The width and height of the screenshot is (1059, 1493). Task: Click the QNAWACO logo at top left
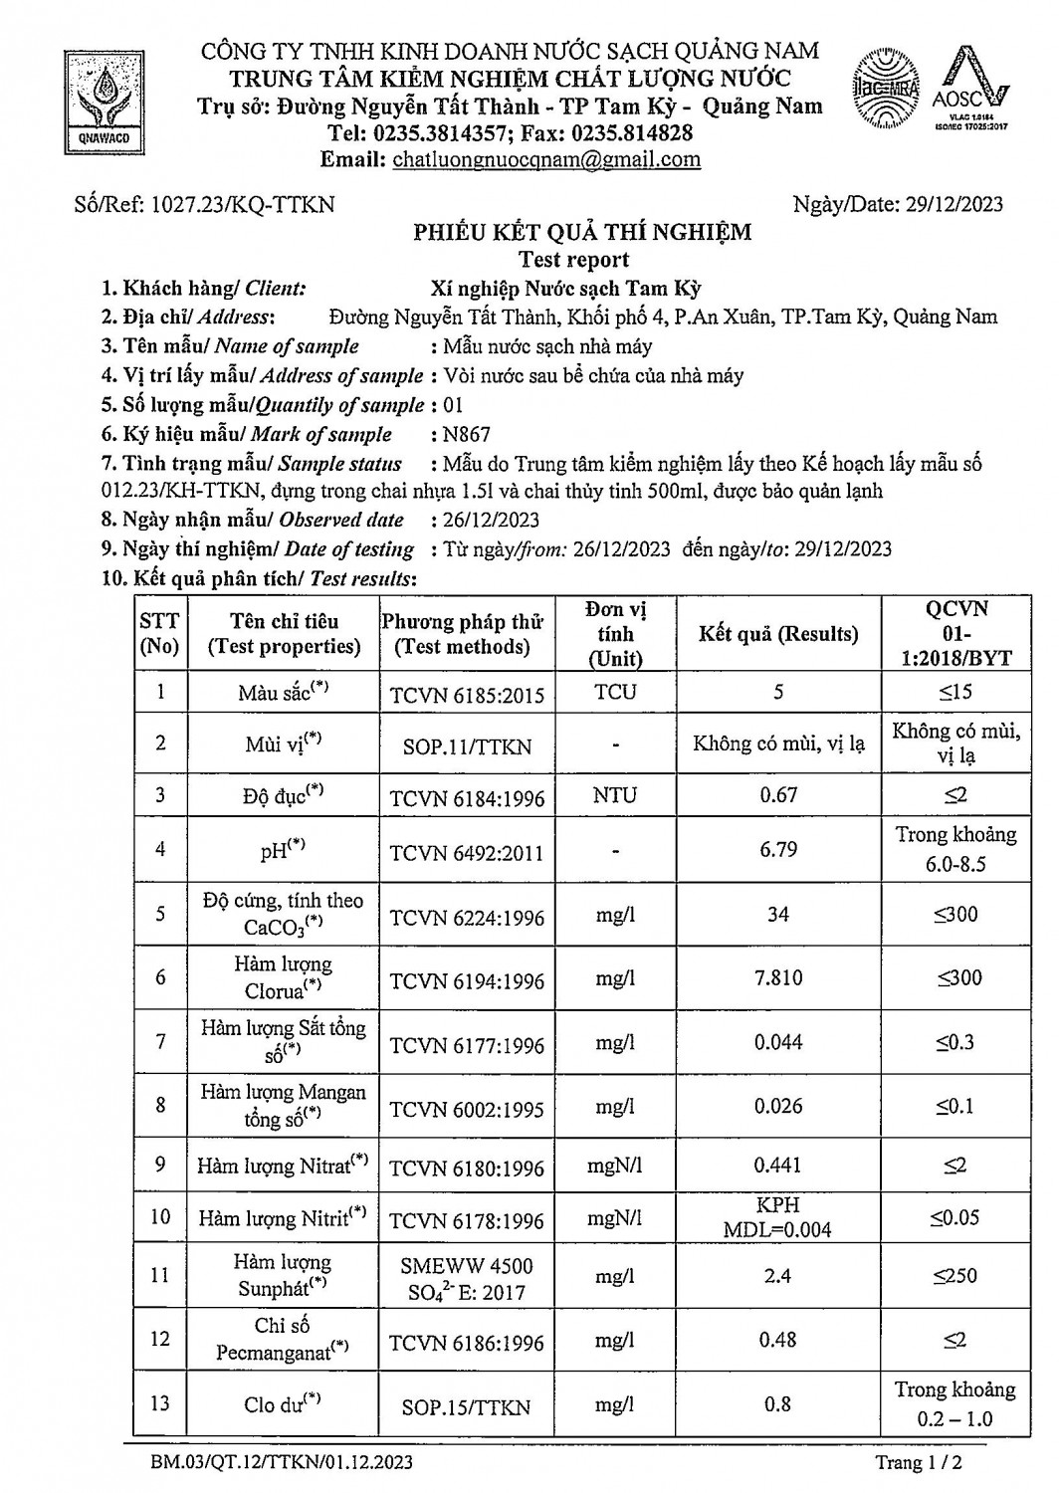point(104,103)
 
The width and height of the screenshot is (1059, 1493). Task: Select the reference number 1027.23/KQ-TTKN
point(242,205)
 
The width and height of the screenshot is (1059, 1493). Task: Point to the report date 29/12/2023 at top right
point(953,205)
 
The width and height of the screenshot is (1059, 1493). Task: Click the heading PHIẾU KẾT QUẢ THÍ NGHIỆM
point(582,233)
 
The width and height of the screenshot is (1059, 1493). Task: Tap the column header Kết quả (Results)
point(777,634)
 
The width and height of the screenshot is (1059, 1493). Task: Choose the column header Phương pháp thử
point(463,623)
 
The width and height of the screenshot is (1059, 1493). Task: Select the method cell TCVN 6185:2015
point(467,694)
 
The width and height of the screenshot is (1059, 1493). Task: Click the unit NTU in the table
point(615,795)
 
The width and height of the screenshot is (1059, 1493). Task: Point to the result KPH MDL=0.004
point(777,1217)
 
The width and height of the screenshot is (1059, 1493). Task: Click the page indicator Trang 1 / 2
point(919,1463)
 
